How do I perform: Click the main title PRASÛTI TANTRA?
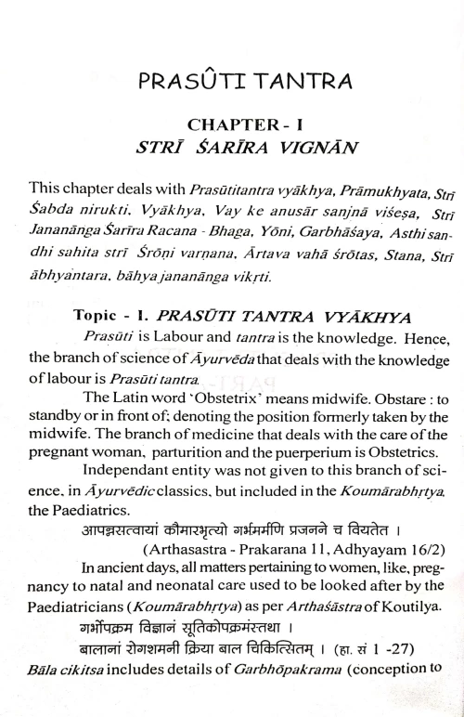[232, 83]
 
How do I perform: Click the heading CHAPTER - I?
[232, 124]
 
